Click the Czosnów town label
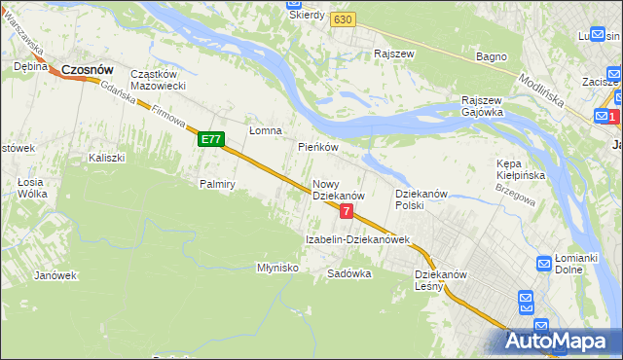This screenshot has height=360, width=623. click(x=89, y=70)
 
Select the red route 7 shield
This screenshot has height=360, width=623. click(x=346, y=211)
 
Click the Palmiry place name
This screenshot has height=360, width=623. click(x=218, y=183)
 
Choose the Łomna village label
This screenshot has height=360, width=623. click(x=265, y=130)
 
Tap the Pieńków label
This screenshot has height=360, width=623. click(x=317, y=147)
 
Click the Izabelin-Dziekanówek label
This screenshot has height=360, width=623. click(x=358, y=239)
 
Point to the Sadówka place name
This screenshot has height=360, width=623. click(x=349, y=273)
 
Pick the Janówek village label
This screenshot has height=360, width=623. click(x=55, y=274)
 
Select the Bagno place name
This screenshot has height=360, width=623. click(x=491, y=56)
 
